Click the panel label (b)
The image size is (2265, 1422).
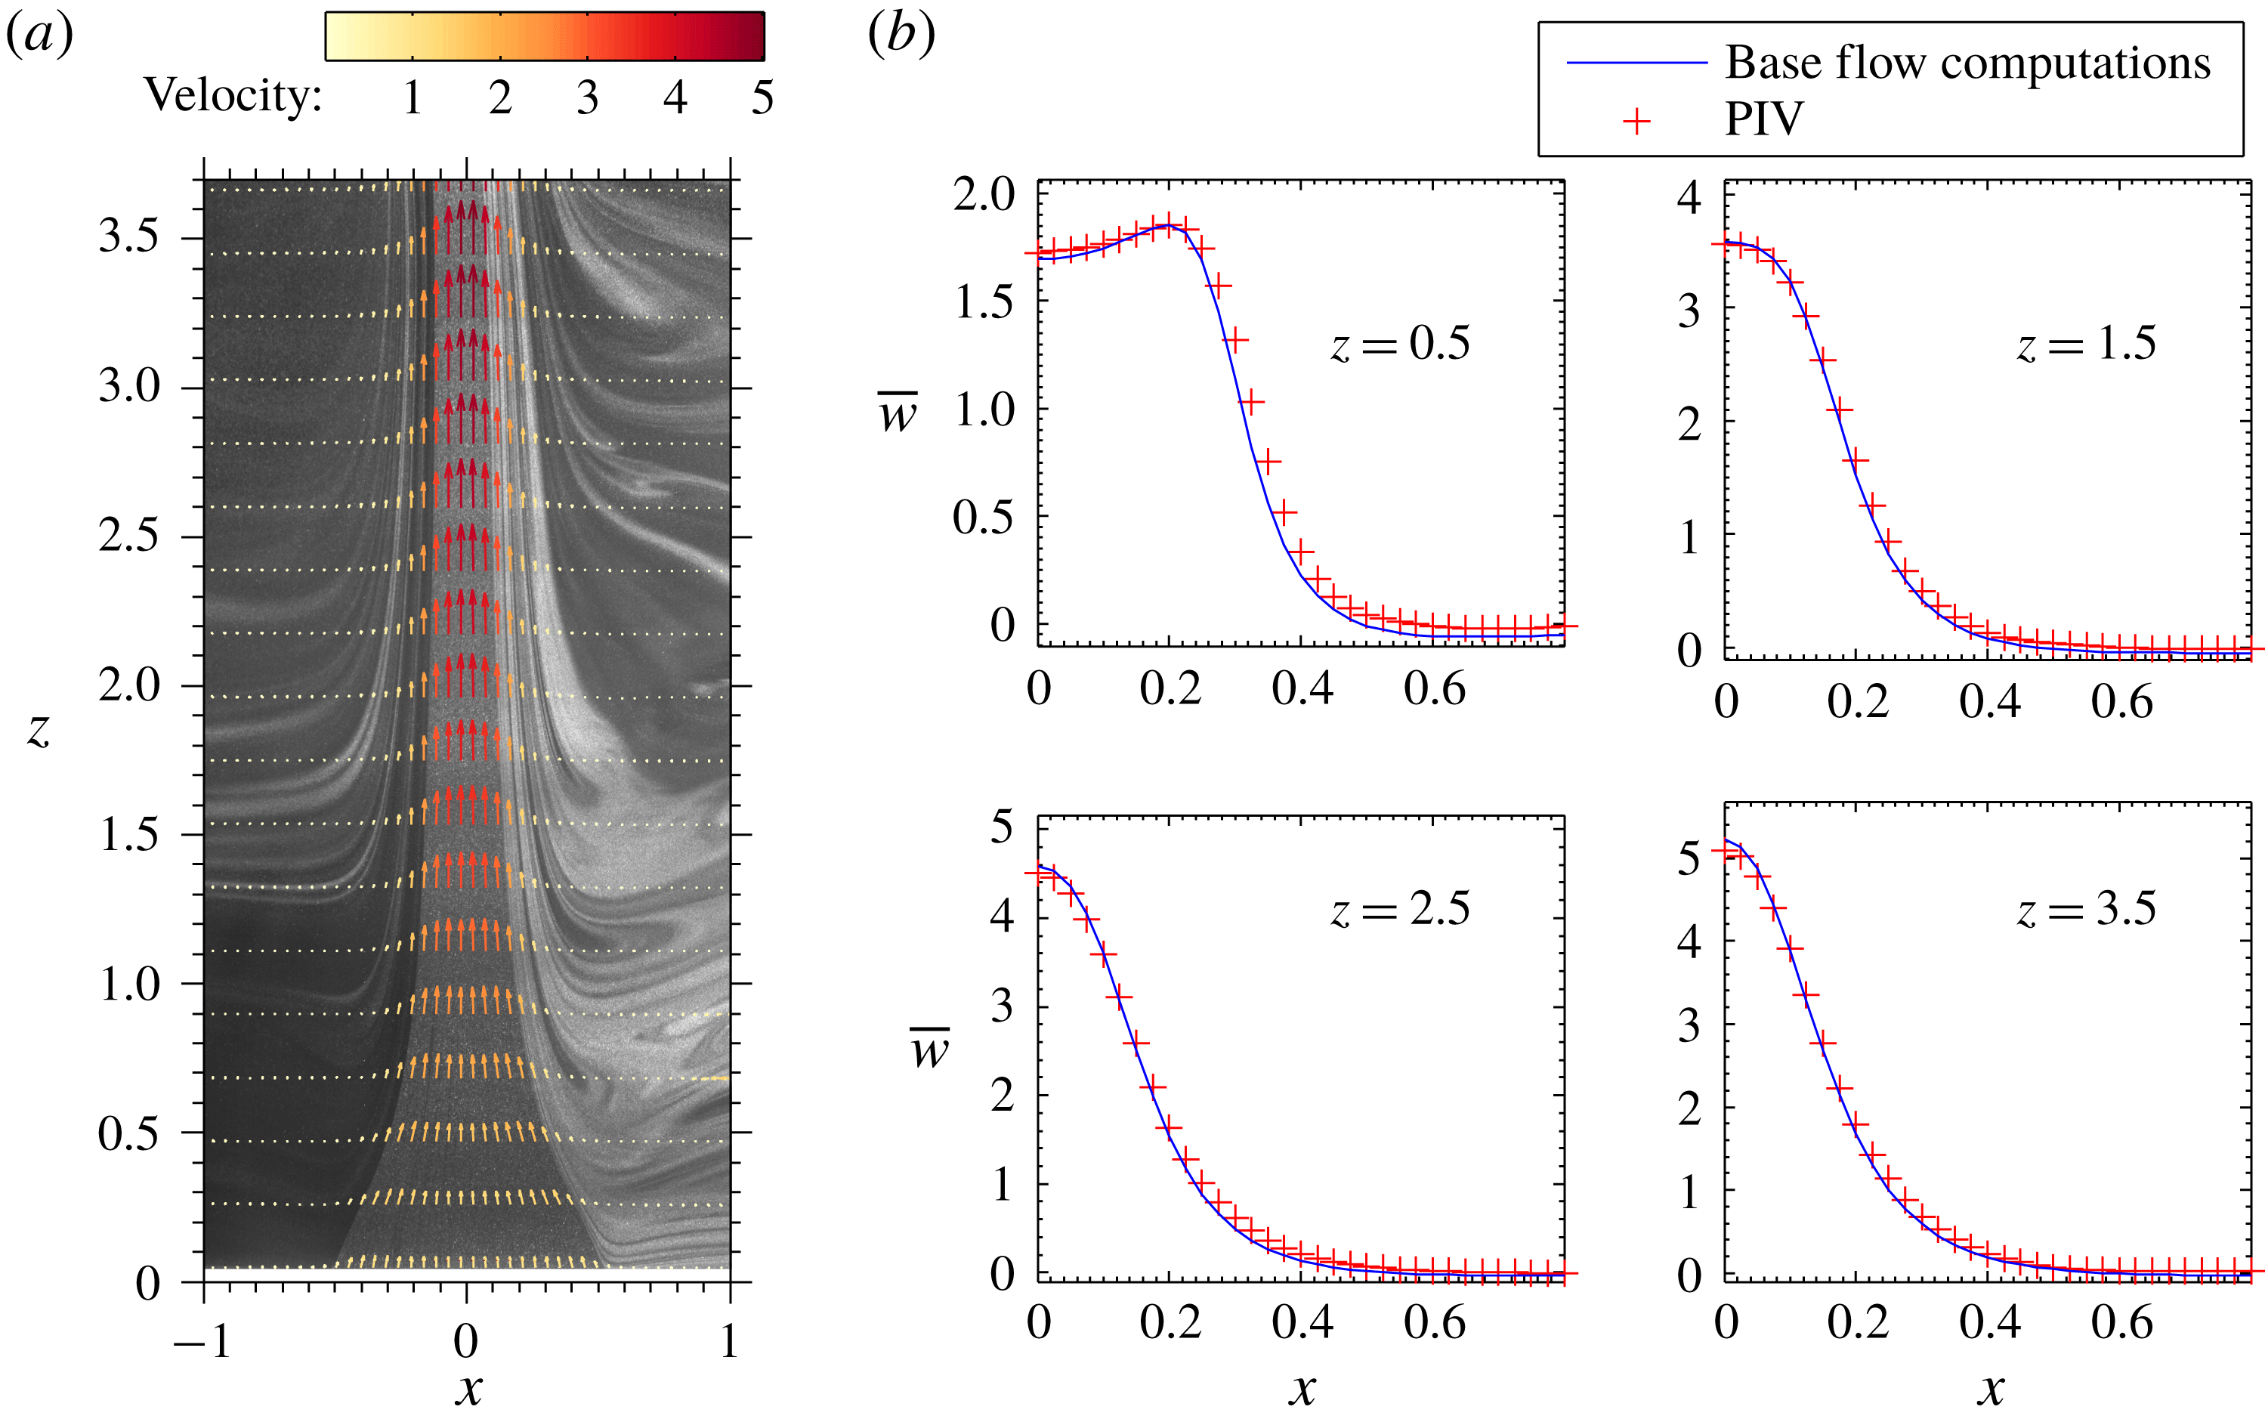[x=901, y=36]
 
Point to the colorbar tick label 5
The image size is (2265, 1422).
[x=762, y=97]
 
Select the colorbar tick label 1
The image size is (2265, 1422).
[x=413, y=97]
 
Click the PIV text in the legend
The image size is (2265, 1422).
[x=1764, y=119]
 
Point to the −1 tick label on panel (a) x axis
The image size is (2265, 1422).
[x=202, y=1341]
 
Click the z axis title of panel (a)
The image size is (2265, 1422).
[x=39, y=729]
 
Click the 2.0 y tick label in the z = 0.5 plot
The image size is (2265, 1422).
[x=984, y=195]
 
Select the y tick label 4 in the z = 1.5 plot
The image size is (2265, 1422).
[x=1689, y=197]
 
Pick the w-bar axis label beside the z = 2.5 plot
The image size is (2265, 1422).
[x=930, y=1048]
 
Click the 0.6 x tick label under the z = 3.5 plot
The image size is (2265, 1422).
[x=2122, y=1322]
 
